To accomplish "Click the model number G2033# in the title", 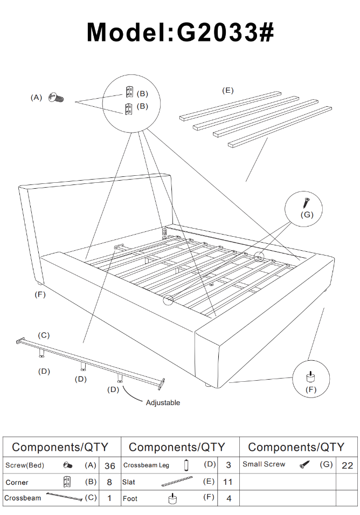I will pyautogui.click(x=226, y=32).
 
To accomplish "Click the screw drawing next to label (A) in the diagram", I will pyautogui.click(x=56, y=98).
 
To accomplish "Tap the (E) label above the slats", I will pyautogui.click(x=228, y=90).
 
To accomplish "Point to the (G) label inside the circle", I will pyautogui.click(x=307, y=215).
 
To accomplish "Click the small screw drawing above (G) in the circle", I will pyautogui.click(x=306, y=203).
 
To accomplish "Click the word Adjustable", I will pyautogui.click(x=163, y=403).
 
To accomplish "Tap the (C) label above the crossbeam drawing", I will pyautogui.click(x=44, y=335).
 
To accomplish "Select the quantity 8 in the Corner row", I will pyautogui.click(x=110, y=483).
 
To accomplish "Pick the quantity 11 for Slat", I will pyautogui.click(x=229, y=483).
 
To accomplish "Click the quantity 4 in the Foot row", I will pyautogui.click(x=229, y=499).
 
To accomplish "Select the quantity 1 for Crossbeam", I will pyautogui.click(x=110, y=499).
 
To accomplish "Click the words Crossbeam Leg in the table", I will pyautogui.click(x=146, y=465).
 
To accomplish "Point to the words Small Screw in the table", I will pyautogui.click(x=264, y=464).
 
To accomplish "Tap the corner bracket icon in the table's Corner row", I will pyautogui.click(x=67, y=482).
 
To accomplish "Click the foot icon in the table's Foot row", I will pyautogui.click(x=172, y=499).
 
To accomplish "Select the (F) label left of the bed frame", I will pyautogui.click(x=40, y=294).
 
